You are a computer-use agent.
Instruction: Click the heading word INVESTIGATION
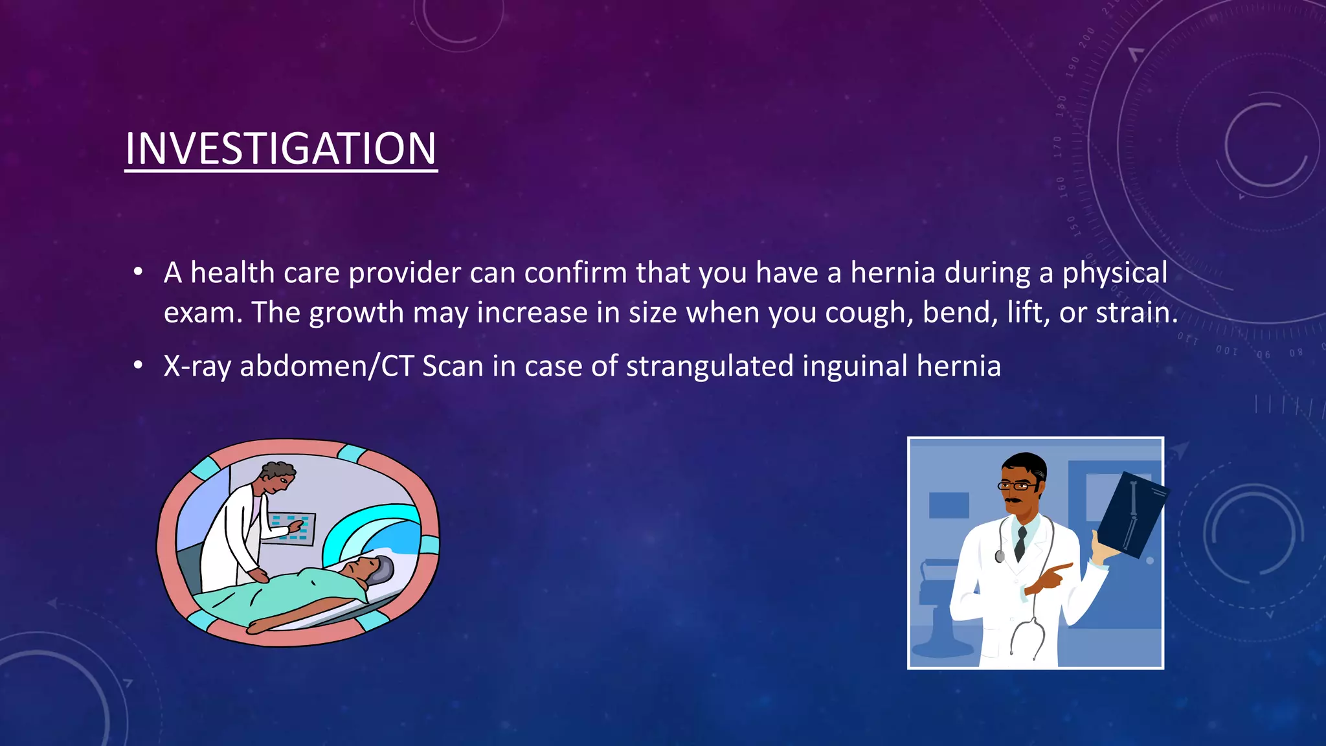(x=280, y=149)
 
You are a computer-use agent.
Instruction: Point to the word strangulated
(x=710, y=367)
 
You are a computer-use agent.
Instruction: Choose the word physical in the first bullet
(x=1114, y=273)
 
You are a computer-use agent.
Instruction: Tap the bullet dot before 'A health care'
(x=137, y=273)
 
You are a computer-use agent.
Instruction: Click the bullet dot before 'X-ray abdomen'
(x=137, y=366)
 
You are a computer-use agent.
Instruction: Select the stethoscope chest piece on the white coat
(x=1000, y=556)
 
